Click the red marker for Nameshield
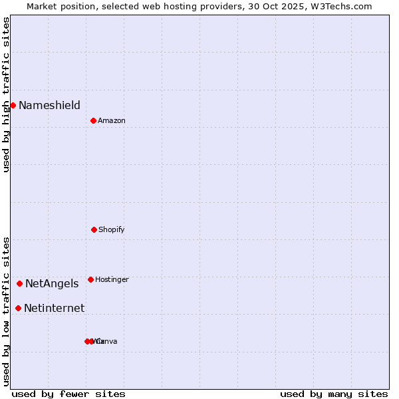click(x=13, y=105)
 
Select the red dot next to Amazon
click(x=94, y=120)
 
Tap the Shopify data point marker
click(x=94, y=229)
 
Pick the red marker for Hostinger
click(x=90, y=279)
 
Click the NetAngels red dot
click(x=19, y=283)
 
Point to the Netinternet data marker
click(x=18, y=308)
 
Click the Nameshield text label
click(x=49, y=105)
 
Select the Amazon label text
click(x=112, y=120)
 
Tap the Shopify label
click(x=112, y=229)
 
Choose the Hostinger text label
click(x=112, y=279)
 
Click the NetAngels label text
click(x=52, y=283)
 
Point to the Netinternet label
click(x=54, y=308)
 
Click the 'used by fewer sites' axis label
click(x=68, y=394)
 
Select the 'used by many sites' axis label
click(x=334, y=394)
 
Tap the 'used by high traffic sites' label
click(x=6, y=94)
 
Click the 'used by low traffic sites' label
click(x=6, y=311)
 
